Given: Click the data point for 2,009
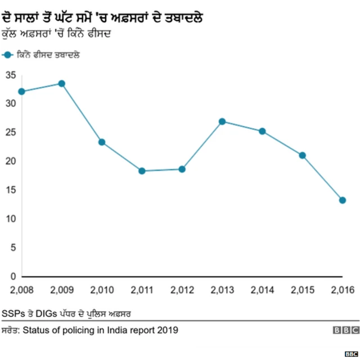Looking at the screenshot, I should coord(61,83).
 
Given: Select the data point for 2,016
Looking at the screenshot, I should coord(342,200).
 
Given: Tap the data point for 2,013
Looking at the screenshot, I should coord(222,121).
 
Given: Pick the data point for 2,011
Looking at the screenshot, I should coord(142,171).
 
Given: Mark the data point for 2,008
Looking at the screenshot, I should coord(21,91).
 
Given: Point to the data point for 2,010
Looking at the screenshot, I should coord(102,142).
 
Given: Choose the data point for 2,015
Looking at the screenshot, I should coord(302,155).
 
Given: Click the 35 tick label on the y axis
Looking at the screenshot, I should coord(10,74).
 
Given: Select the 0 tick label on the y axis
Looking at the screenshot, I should coord(13,277).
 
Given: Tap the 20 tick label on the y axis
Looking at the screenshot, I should coord(10,161).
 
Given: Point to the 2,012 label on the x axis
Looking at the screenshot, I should coord(182,290).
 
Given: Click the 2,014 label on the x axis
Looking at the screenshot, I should coord(262,290).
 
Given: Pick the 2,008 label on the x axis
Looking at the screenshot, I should coord(21,290).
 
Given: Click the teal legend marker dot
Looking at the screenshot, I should coord(7,55).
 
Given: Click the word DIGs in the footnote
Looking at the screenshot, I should coord(47,313).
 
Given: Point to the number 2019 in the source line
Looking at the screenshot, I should coord(168,330).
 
